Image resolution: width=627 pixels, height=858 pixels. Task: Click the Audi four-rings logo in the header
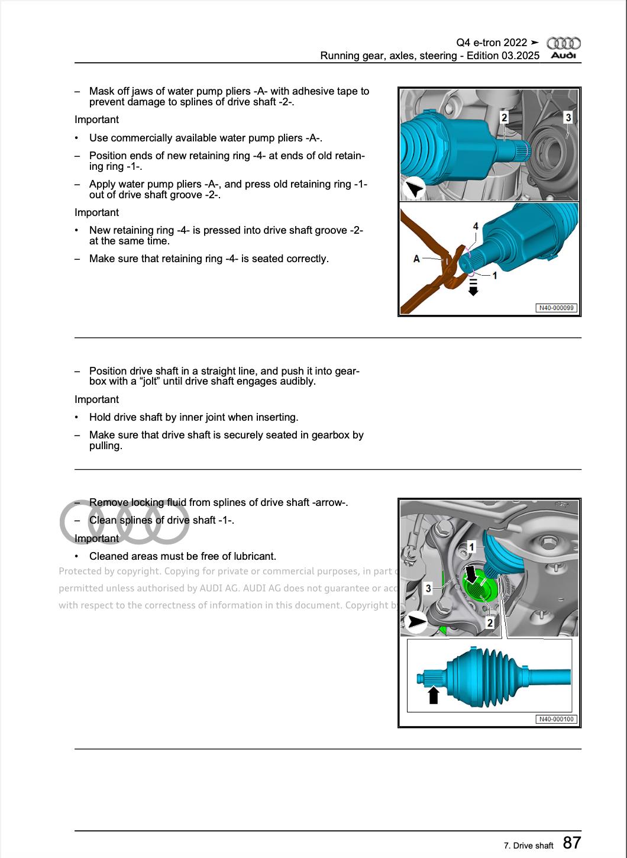tap(563, 43)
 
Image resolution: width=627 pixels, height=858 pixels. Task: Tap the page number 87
tap(571, 843)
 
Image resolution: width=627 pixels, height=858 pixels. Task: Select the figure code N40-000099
tap(555, 308)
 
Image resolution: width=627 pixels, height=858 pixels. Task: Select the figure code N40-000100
tap(555, 719)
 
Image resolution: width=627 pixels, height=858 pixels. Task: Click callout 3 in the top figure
tap(568, 117)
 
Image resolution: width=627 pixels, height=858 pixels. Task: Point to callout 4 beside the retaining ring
tap(476, 226)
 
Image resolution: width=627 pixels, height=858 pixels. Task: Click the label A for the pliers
tap(416, 259)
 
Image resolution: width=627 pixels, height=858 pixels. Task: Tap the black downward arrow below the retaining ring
tap(473, 288)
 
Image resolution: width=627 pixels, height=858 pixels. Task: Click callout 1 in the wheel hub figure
tap(471, 546)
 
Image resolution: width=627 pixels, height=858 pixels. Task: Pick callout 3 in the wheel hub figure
tap(428, 588)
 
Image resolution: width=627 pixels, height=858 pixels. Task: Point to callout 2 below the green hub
tap(490, 622)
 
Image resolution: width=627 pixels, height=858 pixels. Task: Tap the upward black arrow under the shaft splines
tap(433, 695)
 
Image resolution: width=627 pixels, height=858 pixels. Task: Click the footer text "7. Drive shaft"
tap(528, 846)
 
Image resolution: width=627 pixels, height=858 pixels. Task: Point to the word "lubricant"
tap(253, 556)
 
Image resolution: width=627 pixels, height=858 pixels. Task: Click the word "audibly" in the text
tap(296, 382)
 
